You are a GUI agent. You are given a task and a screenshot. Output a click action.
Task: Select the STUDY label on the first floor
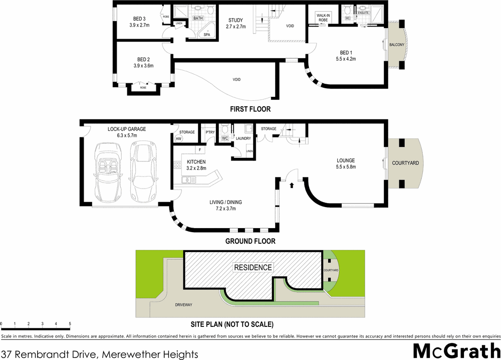pos(235,21)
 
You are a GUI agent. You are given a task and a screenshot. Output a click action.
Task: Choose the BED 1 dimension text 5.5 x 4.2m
pos(346,59)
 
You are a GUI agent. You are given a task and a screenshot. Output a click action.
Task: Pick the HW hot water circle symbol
pos(178,139)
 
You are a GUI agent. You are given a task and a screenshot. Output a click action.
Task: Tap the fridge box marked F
pos(199,149)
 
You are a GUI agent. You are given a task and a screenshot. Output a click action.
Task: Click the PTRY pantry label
pos(210,132)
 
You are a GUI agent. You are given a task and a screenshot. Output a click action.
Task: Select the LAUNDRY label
pos(243,138)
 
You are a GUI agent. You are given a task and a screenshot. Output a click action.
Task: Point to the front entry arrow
pos(292,185)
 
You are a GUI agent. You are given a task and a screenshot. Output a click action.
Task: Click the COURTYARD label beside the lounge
pos(405,163)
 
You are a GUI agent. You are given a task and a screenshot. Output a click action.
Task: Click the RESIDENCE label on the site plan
pos(253,268)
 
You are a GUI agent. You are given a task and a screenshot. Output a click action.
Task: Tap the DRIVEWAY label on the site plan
pos(183,305)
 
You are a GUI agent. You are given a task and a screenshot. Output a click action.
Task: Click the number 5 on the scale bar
pos(70,324)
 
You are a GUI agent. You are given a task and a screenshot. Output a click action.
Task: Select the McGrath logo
pos(455,351)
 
